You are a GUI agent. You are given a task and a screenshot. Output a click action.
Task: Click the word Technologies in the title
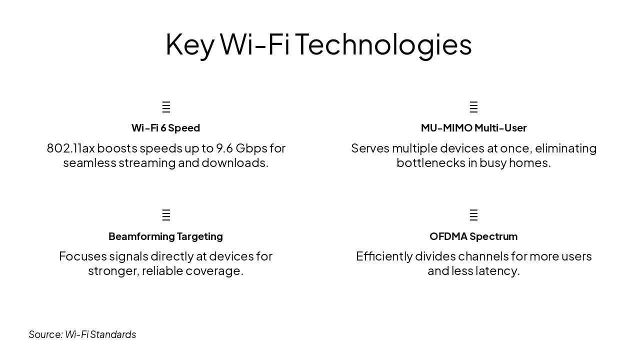(383, 44)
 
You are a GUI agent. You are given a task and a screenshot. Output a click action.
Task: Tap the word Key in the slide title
(189, 44)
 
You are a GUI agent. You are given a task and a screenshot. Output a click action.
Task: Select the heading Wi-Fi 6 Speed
(165, 128)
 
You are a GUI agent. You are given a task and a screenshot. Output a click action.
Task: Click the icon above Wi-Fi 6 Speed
(166, 107)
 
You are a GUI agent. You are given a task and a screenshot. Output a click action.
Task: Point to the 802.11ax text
(70, 148)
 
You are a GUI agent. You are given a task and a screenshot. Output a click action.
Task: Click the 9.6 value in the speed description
(224, 148)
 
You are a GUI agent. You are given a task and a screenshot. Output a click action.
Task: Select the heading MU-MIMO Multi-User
(473, 128)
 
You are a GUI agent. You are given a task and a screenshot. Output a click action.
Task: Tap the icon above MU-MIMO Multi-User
(473, 107)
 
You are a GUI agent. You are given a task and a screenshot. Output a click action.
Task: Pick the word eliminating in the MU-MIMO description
(565, 148)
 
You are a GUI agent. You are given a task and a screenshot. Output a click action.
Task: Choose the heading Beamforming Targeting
(165, 236)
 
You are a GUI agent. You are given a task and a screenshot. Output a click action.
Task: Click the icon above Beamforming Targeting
(166, 215)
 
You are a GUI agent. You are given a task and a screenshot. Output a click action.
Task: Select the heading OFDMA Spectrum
(473, 236)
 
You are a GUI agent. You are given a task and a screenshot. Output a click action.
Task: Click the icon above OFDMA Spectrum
(473, 215)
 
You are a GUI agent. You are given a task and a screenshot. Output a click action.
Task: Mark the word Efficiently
(385, 256)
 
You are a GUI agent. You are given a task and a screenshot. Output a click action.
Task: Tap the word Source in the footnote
(45, 334)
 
